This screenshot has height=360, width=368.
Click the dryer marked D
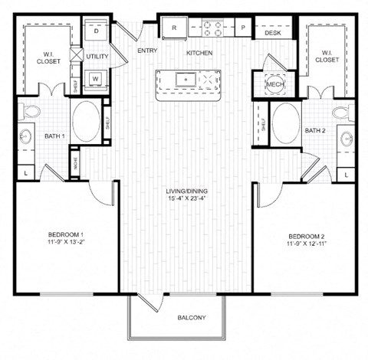click(x=96, y=31)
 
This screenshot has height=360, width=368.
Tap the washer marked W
click(x=96, y=77)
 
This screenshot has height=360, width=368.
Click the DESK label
click(x=272, y=34)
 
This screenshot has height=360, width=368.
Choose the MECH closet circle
click(x=274, y=83)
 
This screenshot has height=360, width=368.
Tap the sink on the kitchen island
click(x=186, y=78)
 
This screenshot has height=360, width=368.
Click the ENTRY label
click(x=147, y=51)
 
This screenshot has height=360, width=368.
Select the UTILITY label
click(x=97, y=56)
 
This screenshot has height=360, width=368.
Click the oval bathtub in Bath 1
click(x=85, y=120)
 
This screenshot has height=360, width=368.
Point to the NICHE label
click(x=74, y=163)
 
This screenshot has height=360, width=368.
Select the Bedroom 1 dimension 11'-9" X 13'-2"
click(x=67, y=244)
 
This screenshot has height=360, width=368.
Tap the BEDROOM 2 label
click(x=307, y=235)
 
